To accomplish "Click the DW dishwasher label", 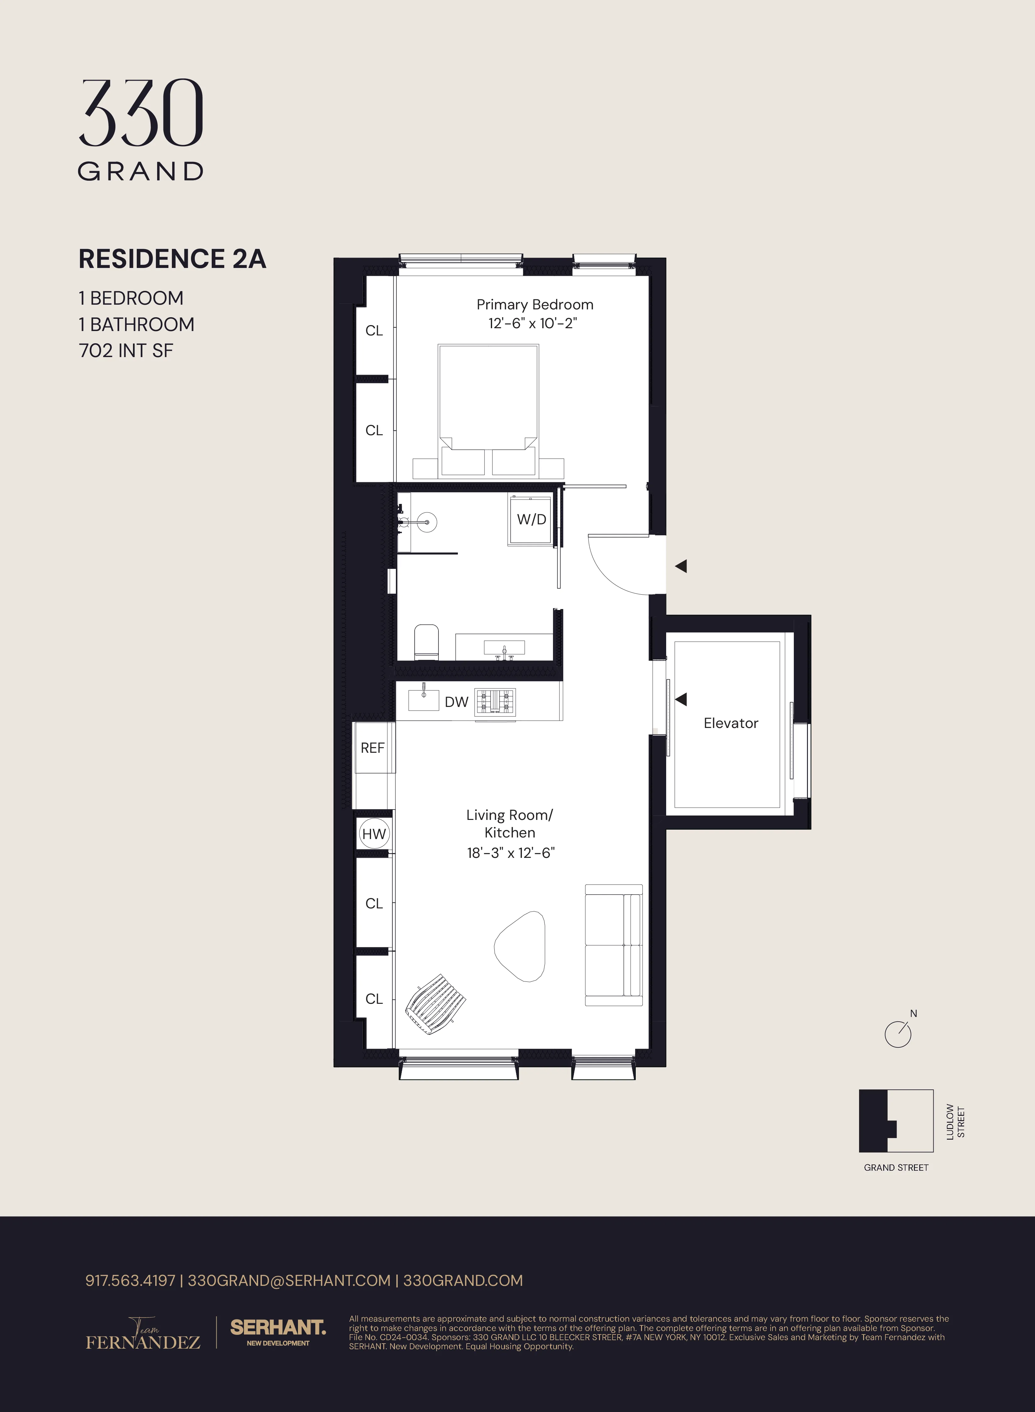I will (456, 702).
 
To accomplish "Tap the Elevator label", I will (730, 723).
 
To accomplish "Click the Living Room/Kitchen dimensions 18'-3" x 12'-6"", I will (511, 853).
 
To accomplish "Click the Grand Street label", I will (896, 1168).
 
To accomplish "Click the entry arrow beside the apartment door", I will (681, 566).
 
